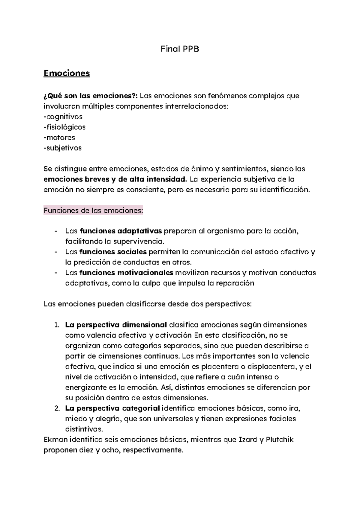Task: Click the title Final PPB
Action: pyautogui.click(x=180, y=49)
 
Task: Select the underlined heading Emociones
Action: pyautogui.click(x=67, y=73)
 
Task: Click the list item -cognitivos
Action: pyautogui.click(x=63, y=117)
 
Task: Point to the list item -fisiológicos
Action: pyautogui.click(x=64, y=127)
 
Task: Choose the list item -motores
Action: pyautogui.click(x=59, y=138)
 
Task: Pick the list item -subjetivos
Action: pyautogui.click(x=62, y=148)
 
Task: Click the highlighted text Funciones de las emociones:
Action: pyautogui.click(x=93, y=211)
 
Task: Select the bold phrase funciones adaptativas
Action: pyautogui.click(x=121, y=231)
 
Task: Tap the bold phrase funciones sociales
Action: pyautogui.click(x=113, y=252)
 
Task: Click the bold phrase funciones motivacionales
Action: pyautogui.click(x=126, y=273)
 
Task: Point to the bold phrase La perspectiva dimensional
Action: pyautogui.click(x=116, y=325)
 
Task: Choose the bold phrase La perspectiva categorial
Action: pyautogui.click(x=112, y=408)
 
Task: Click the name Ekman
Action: pyautogui.click(x=55, y=440)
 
